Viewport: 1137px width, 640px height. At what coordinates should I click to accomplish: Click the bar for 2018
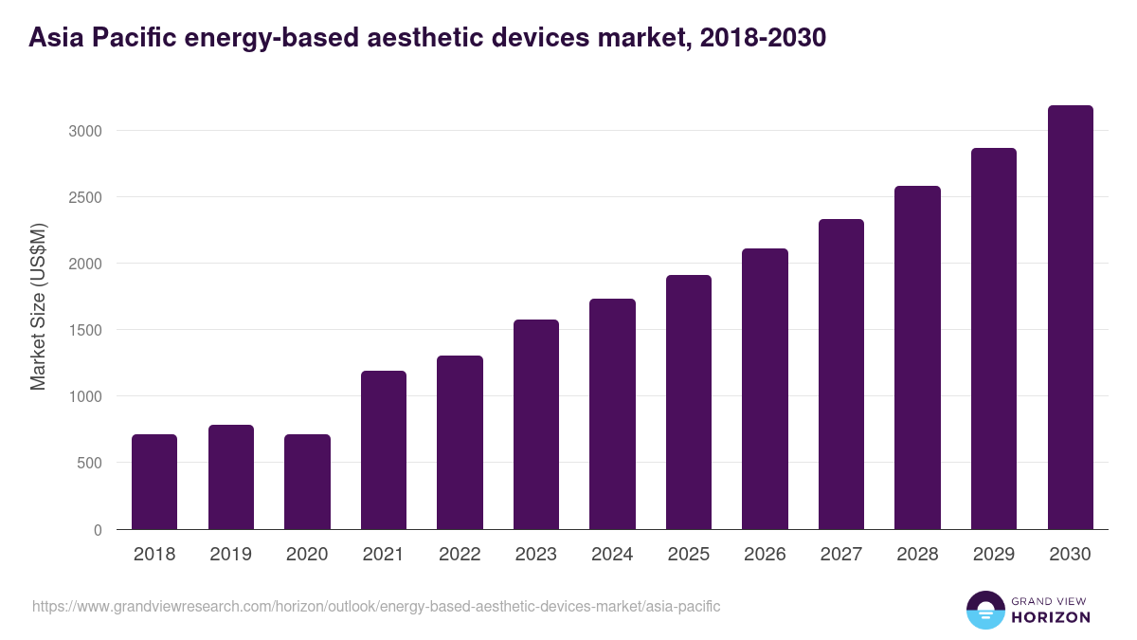pyautogui.click(x=154, y=482)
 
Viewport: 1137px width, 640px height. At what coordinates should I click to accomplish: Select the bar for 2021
pyautogui.click(x=384, y=449)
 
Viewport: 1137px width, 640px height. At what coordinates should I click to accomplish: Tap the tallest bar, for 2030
pyautogui.click(x=1070, y=317)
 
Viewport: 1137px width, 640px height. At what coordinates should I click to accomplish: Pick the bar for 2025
pyautogui.click(x=689, y=402)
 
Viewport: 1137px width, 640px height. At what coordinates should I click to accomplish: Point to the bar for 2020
pyautogui.click(x=307, y=482)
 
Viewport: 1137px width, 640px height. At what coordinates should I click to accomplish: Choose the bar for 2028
pyautogui.click(x=917, y=357)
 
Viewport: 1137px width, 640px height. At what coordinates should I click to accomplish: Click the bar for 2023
pyautogui.click(x=536, y=424)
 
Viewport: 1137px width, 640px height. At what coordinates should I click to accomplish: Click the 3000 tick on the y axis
pyautogui.click(x=85, y=131)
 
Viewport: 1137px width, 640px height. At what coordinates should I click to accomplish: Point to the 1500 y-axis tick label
pyautogui.click(x=85, y=330)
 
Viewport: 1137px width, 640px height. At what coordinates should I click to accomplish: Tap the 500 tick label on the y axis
pyautogui.click(x=89, y=464)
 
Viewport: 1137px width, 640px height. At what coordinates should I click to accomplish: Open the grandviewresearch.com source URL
pyautogui.click(x=376, y=606)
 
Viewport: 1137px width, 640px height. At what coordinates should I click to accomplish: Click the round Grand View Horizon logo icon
pyautogui.click(x=984, y=610)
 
